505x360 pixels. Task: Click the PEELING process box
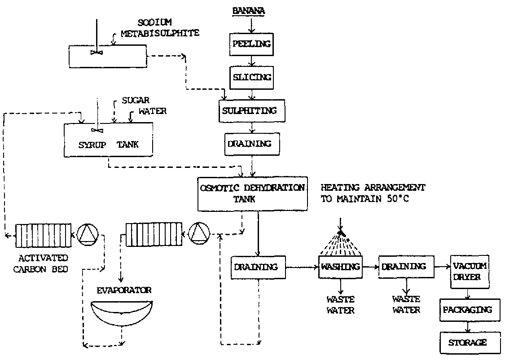point(252,44)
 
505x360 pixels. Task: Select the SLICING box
point(252,77)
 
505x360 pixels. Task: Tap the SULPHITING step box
point(252,110)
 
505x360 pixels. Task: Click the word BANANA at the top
point(248,10)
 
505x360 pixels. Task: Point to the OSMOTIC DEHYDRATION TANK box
point(253,193)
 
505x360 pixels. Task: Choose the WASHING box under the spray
point(341,267)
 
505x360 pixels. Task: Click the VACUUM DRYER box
point(470,271)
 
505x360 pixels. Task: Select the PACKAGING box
point(467,309)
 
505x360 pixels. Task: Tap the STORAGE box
point(467,342)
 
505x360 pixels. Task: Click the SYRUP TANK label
point(109,145)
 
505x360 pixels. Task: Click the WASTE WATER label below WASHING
point(341,304)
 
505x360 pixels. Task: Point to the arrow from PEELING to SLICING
point(252,60)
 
